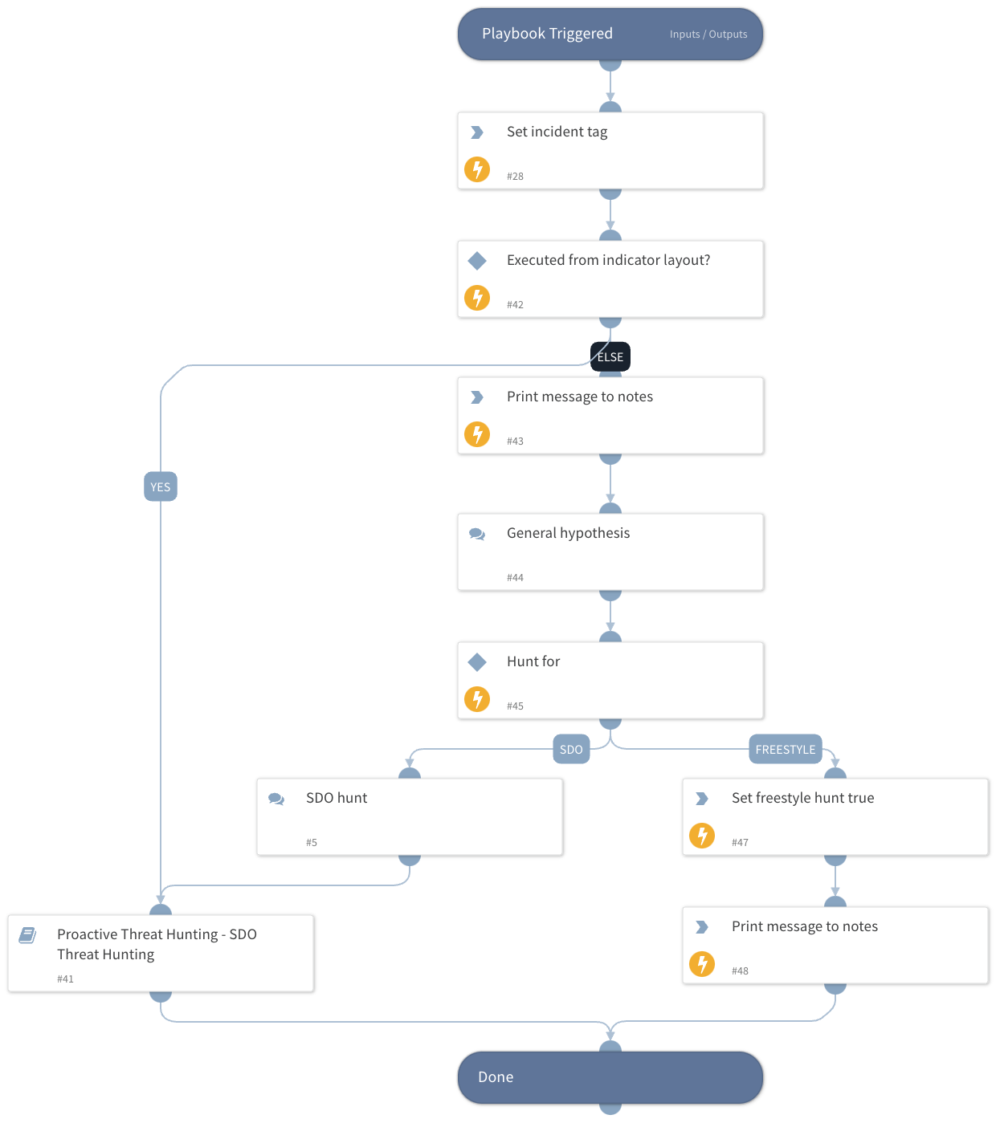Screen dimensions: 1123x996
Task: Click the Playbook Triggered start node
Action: tap(547, 34)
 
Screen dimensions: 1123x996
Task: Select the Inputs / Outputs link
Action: tap(708, 35)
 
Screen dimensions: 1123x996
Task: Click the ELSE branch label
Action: tap(610, 357)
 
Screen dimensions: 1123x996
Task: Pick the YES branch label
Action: tap(161, 487)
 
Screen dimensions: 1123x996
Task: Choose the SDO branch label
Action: tap(571, 750)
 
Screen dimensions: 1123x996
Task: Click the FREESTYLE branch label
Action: tap(785, 750)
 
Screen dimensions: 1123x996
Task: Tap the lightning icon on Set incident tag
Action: tap(477, 169)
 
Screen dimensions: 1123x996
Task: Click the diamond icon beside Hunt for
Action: tap(477, 662)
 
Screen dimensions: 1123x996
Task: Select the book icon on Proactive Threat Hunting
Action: tap(28, 935)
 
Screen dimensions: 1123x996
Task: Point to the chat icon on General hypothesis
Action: tap(477, 534)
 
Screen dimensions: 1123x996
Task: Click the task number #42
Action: tap(515, 305)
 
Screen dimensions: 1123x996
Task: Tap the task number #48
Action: tap(740, 971)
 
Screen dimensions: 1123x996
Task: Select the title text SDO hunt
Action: tap(337, 798)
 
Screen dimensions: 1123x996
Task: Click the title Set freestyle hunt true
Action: tap(802, 798)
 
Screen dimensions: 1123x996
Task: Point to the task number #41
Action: tap(65, 979)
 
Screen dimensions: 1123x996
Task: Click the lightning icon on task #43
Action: tap(477, 434)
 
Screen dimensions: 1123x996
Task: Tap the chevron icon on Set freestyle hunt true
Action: tap(702, 799)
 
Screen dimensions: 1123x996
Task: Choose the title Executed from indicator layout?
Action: tap(608, 260)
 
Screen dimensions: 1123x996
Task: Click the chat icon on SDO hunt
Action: tap(276, 799)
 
